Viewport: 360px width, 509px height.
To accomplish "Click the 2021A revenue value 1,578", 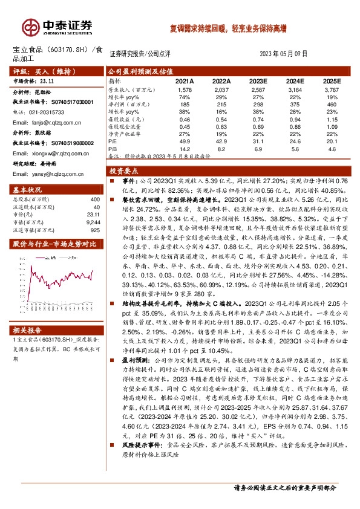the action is pyautogui.click(x=185, y=89).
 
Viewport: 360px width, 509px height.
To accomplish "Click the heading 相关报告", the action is pyautogui.click(x=27, y=329).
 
